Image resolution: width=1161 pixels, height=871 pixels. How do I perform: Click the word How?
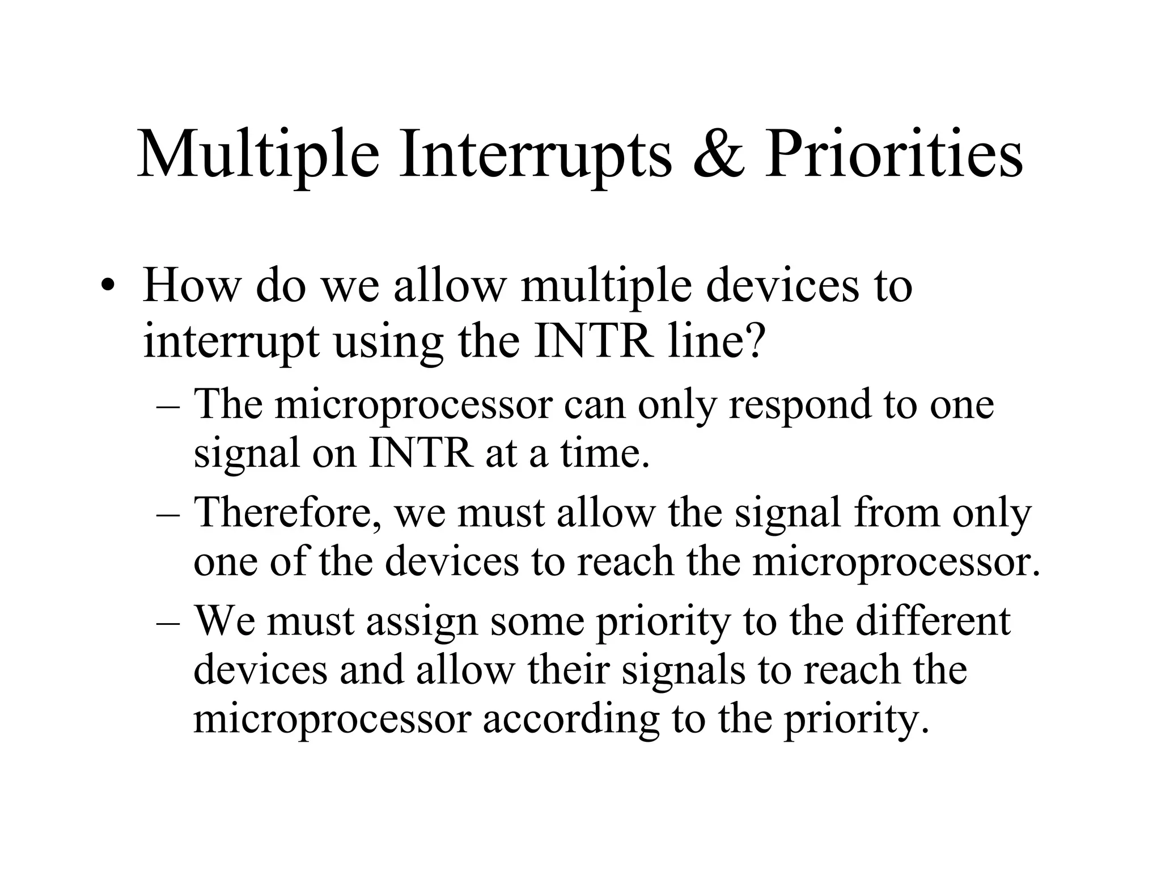(191, 285)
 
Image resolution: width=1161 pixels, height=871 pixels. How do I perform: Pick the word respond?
(799, 405)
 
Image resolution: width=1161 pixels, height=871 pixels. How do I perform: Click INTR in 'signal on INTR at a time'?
(420, 454)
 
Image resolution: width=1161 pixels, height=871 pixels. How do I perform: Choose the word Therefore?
(287, 513)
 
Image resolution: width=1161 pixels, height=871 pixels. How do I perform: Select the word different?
(933, 621)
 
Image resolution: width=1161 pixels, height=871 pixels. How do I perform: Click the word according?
(570, 721)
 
